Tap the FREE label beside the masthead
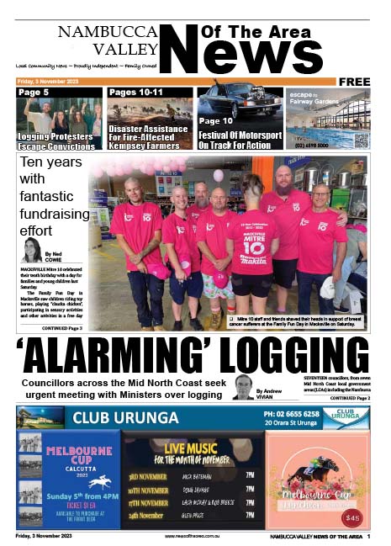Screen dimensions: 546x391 pyautogui.click(x=355, y=82)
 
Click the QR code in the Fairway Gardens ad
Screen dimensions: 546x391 pyautogui.click(x=360, y=140)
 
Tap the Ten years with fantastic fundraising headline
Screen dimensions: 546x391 pyautogui.click(x=52, y=194)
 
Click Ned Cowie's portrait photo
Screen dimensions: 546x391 pyautogui.click(x=33, y=250)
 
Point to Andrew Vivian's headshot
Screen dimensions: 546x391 pyautogui.click(x=243, y=387)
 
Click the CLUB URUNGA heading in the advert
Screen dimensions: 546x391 pyautogui.click(x=125, y=418)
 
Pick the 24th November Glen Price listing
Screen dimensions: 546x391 pyautogui.click(x=193, y=515)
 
